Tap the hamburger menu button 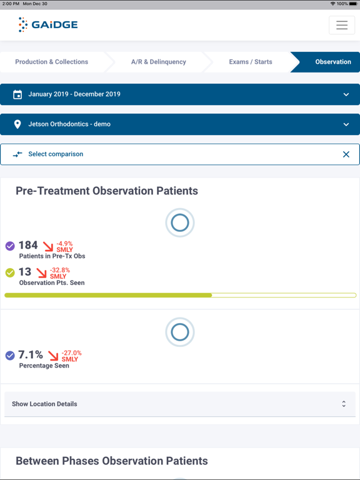coord(341,25)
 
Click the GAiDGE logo coord(48,25)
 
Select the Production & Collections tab coord(52,62)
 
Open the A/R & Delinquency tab coord(158,62)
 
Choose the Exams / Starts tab coord(250,62)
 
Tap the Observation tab coord(332,62)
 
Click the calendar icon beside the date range coord(17,94)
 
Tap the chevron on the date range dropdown coord(346,94)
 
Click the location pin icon coord(17,124)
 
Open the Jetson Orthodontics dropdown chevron coord(346,124)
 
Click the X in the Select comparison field coord(346,154)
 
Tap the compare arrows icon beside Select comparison coord(17,154)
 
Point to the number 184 coord(28,246)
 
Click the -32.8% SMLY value coord(59,273)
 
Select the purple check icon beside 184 coord(10,246)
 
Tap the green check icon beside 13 coord(10,272)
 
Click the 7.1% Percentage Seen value coord(31,355)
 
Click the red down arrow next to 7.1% coord(53,356)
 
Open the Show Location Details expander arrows coord(343,404)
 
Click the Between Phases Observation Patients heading coord(111,461)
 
